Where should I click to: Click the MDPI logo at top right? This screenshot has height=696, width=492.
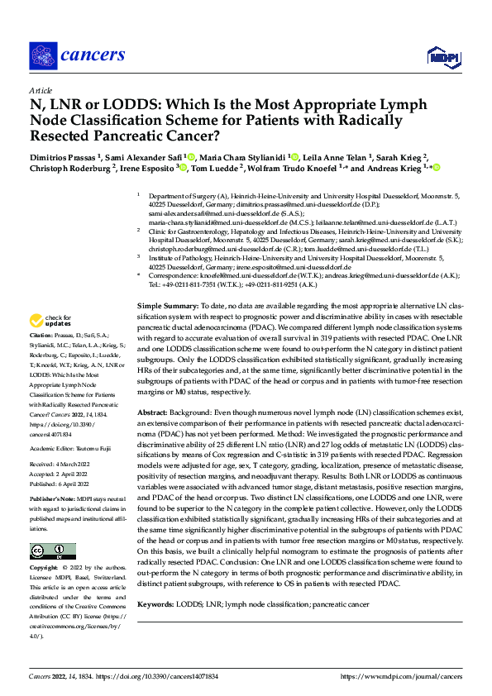tap(442, 55)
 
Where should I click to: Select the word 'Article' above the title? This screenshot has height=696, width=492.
tap(40, 90)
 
